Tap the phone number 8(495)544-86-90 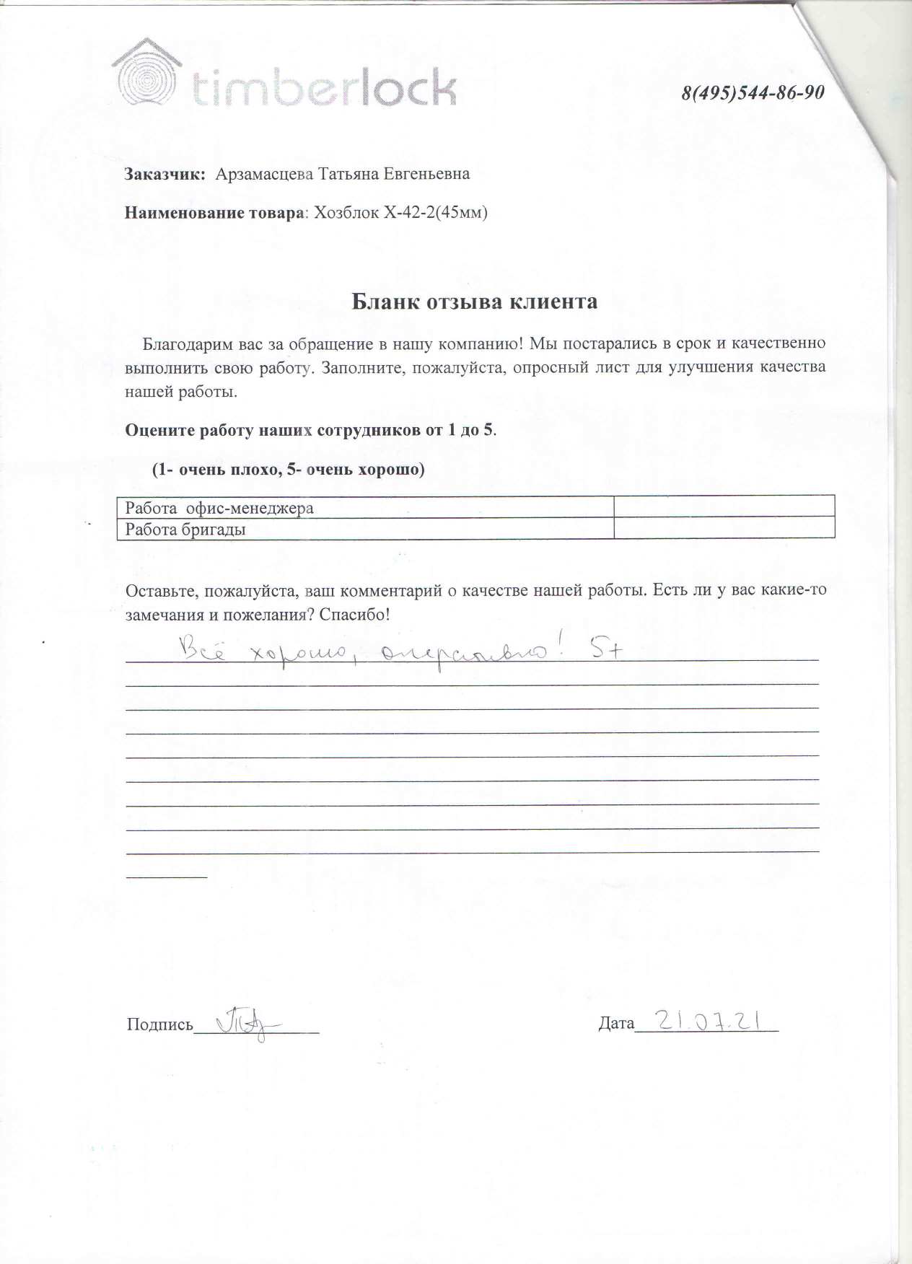(753, 93)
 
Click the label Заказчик (165, 175)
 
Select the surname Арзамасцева (264, 174)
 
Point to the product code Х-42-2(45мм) (436, 213)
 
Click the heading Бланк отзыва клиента (474, 302)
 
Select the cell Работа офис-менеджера (219, 508)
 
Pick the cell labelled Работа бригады (185, 530)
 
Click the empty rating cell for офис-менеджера (724, 506)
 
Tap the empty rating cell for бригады (724, 528)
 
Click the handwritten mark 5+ (606, 650)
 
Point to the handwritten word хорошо (298, 653)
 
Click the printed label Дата (616, 1023)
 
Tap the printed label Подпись (159, 1024)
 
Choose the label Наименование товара (214, 213)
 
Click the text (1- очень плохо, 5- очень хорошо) (288, 470)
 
